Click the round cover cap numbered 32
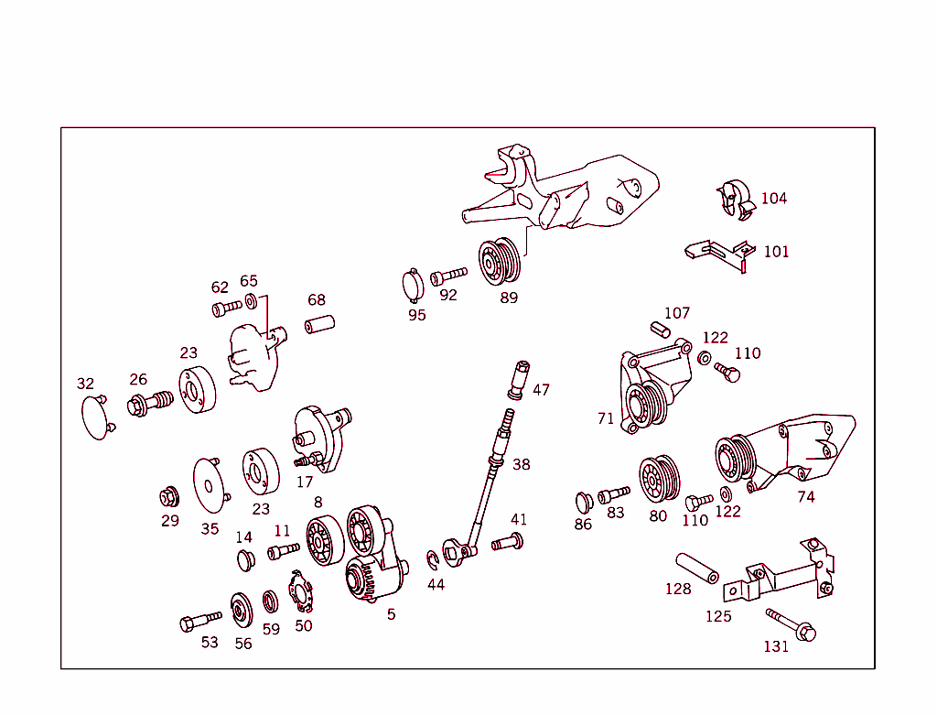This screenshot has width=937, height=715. [x=96, y=417]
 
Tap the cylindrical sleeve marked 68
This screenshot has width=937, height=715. [x=321, y=325]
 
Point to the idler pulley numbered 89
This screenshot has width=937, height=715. [x=500, y=262]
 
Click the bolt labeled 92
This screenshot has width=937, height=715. [x=448, y=274]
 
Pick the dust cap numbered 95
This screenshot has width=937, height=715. [x=415, y=286]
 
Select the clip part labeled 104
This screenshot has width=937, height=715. [x=734, y=201]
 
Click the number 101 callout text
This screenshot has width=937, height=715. [x=776, y=252]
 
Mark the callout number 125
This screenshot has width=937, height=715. [x=718, y=616]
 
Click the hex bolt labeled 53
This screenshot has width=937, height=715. [x=200, y=622]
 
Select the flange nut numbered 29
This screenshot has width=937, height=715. [x=168, y=497]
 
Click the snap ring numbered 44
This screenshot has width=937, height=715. [x=433, y=558]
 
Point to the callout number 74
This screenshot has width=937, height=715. [x=805, y=497]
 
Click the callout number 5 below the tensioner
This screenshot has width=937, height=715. [x=392, y=614]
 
